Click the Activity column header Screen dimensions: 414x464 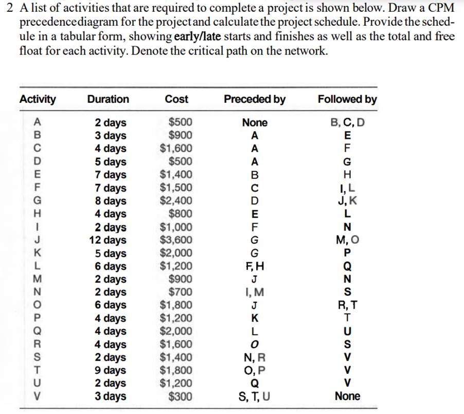38,99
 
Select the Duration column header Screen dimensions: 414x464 108,99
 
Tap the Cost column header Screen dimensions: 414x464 176,99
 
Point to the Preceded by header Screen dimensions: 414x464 255,99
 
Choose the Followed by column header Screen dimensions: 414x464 347,99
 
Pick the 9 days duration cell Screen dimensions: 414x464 111,370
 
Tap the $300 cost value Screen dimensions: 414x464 180,396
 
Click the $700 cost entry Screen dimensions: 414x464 180,292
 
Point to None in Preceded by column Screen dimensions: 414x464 255,122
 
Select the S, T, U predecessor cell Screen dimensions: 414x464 255,396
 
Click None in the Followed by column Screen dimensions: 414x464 347,396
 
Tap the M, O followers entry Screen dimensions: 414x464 347,240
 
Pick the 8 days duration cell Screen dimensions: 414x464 111,201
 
